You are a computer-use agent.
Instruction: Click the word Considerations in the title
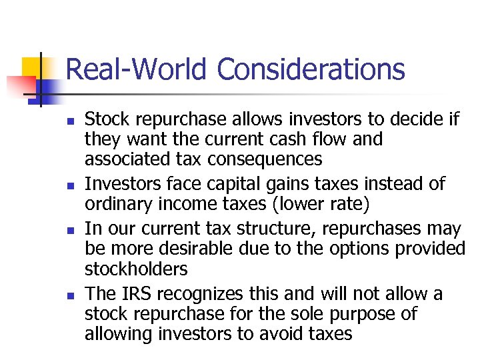[311, 69]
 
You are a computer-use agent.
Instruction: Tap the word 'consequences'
[269, 160]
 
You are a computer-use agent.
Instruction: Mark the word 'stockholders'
[136, 269]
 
